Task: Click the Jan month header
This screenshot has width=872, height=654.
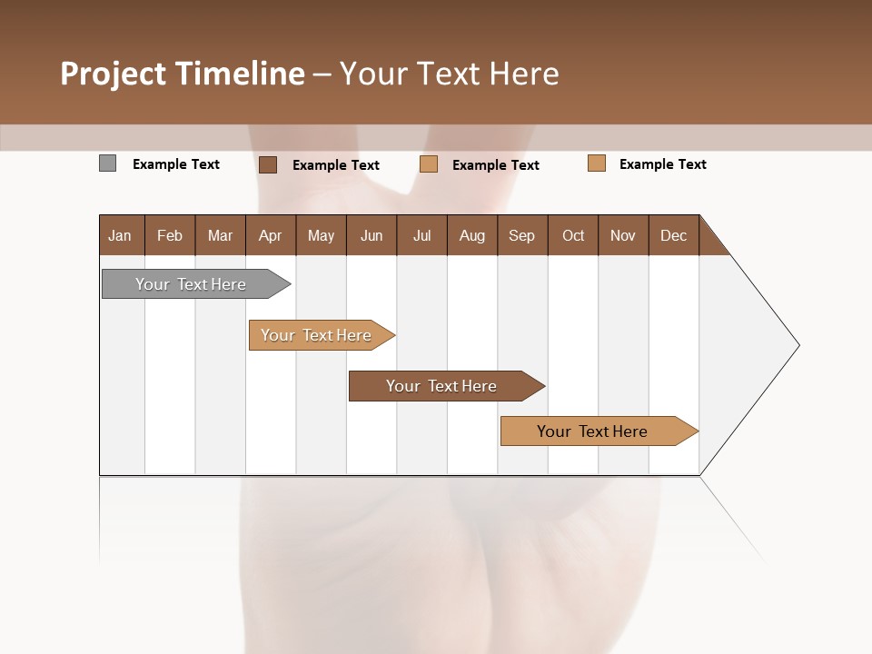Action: (x=121, y=235)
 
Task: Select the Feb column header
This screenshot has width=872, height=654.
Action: (x=170, y=235)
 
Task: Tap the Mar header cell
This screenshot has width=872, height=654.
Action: (x=220, y=235)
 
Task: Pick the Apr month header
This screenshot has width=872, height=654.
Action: (x=271, y=235)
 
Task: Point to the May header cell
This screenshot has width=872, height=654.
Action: (x=321, y=235)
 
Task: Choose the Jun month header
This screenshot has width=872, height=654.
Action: (x=372, y=235)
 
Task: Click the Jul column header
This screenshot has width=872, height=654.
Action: (x=421, y=235)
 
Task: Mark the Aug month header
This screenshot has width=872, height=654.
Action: (x=472, y=235)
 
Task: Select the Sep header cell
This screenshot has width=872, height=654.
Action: (x=522, y=235)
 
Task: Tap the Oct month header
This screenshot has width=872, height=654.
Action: (x=573, y=235)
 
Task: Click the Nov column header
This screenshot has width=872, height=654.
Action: (x=623, y=235)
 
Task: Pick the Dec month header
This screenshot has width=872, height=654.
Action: (x=674, y=235)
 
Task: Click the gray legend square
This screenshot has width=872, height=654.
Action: (x=108, y=163)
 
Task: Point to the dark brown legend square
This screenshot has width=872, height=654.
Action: (x=267, y=164)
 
